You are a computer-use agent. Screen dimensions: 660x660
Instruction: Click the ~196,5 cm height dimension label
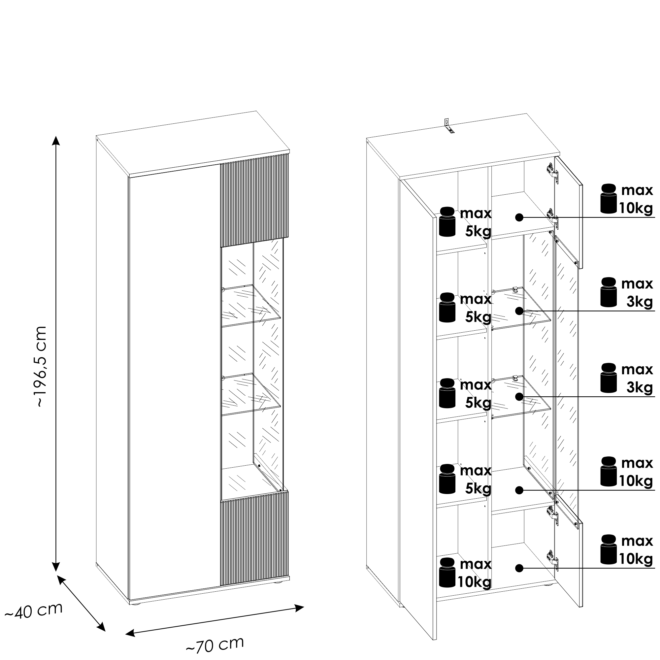(41, 366)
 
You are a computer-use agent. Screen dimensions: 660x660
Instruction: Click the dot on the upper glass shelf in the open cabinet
(519, 311)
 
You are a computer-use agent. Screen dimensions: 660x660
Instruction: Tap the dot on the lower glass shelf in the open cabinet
(519, 396)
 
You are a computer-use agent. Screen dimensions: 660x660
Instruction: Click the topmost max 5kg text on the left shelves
(476, 222)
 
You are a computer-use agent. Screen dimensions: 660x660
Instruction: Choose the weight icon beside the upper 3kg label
(609, 292)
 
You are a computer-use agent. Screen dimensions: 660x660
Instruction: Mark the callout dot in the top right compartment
(519, 217)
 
